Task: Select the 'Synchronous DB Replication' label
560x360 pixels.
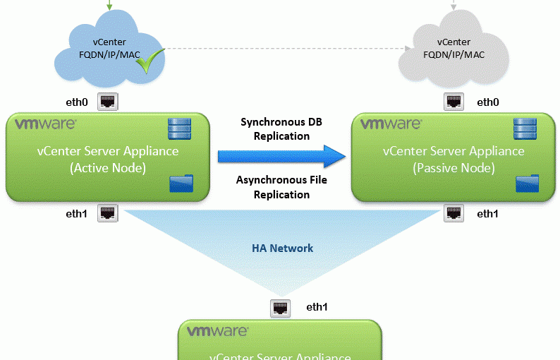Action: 281,128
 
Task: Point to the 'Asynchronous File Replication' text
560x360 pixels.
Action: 281,187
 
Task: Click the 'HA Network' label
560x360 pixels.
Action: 282,248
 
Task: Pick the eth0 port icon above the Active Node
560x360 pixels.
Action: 108,102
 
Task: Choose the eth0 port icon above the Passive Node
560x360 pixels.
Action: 454,102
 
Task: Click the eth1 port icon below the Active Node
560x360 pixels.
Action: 106,212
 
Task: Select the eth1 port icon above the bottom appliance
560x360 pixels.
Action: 280,308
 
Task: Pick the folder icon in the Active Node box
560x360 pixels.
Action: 178,185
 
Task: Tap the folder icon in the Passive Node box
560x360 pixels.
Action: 525,184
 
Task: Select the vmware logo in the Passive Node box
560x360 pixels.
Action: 392,125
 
